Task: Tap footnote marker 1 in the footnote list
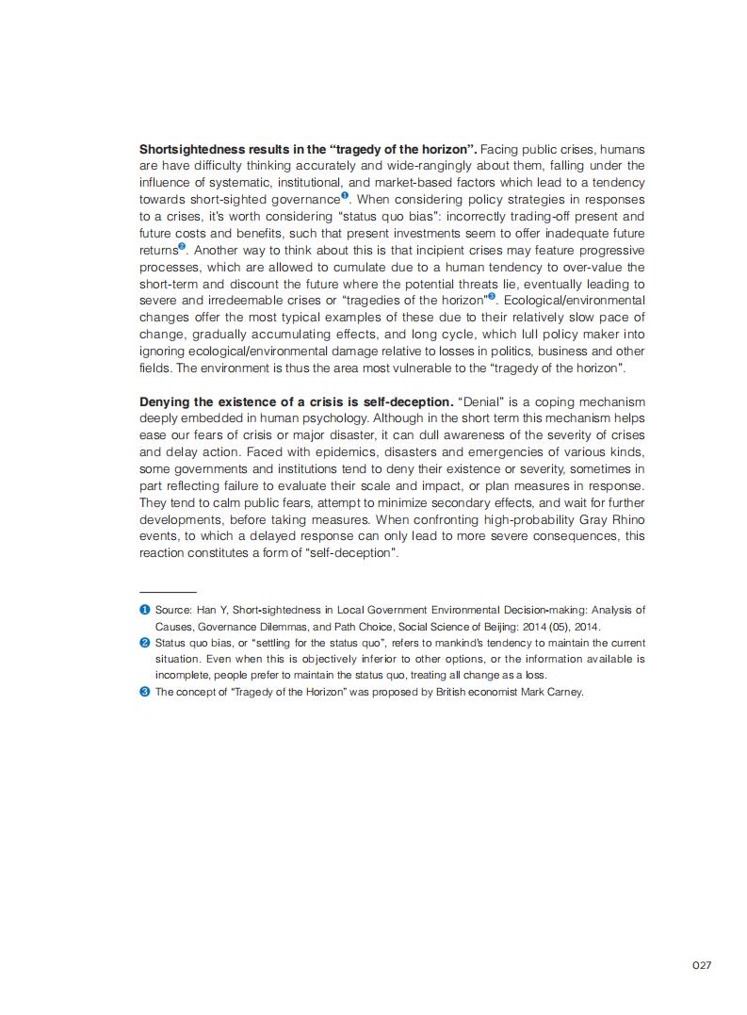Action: pos(145,610)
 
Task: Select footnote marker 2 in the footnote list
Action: pos(145,643)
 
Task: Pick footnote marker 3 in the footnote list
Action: pos(145,691)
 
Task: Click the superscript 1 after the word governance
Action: pos(345,196)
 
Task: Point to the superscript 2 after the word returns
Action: pos(182,246)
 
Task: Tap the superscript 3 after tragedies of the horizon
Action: pos(491,296)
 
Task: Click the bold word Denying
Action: pos(165,401)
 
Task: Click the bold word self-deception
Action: pos(413,401)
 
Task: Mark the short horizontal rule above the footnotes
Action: pos(168,591)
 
